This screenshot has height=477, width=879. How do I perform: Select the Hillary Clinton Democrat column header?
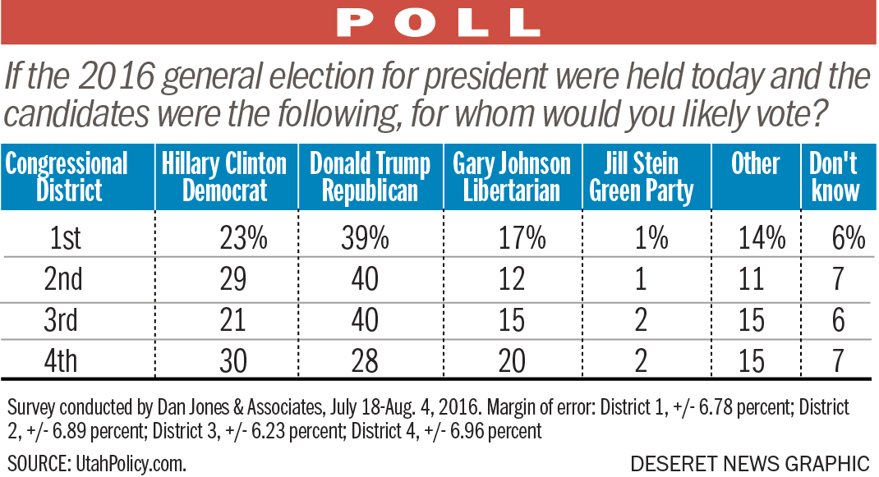(224, 177)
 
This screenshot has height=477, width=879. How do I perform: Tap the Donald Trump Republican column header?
(370, 177)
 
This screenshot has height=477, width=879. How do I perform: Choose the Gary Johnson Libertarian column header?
(512, 177)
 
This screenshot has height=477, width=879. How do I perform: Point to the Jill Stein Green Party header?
(641, 177)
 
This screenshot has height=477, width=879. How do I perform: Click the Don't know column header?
(835, 177)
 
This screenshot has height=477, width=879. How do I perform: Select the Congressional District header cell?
(67, 177)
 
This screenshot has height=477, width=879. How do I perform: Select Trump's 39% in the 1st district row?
(365, 238)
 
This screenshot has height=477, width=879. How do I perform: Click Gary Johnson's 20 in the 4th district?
(511, 361)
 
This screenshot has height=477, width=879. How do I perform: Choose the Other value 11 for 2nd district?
(751, 279)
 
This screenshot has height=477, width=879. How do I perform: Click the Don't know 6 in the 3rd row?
(838, 320)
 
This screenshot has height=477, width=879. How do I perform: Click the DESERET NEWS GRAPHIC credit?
(749, 462)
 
